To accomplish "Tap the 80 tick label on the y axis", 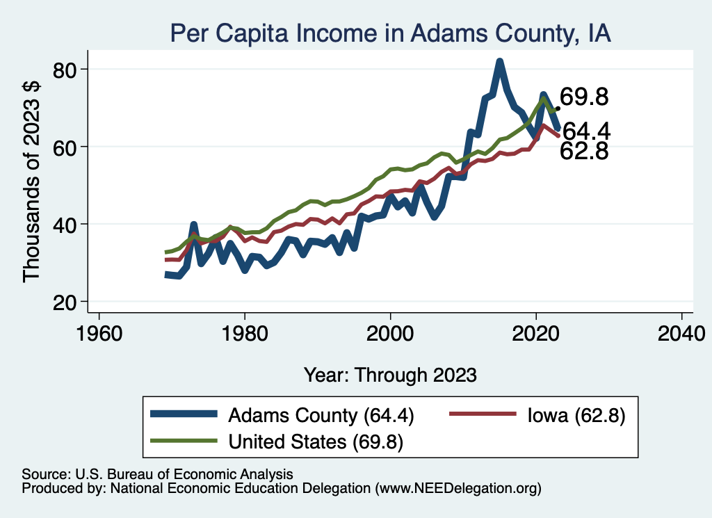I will (x=68, y=70).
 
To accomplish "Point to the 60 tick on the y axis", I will (x=68, y=147).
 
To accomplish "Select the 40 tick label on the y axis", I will (x=68, y=224).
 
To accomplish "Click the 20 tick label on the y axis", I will (x=68, y=301).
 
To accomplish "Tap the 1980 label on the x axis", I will (x=245, y=332).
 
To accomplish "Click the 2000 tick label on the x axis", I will (x=390, y=332).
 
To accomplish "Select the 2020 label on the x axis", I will (x=536, y=332).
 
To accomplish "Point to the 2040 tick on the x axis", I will (x=681, y=332).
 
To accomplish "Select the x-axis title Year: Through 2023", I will (x=390, y=375).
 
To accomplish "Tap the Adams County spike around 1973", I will (x=194, y=226).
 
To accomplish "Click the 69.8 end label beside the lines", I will (x=584, y=98).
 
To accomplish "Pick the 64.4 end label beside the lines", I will (x=585, y=131).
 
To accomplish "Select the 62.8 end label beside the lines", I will (x=584, y=151).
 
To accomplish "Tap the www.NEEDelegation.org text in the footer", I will (x=458, y=489).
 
